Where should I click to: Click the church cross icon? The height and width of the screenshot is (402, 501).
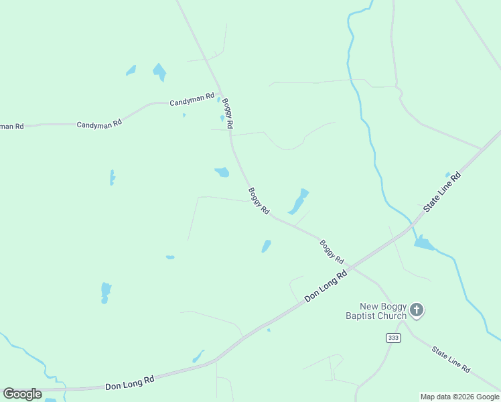click(x=417, y=310)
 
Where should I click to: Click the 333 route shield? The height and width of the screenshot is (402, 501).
click(x=393, y=338)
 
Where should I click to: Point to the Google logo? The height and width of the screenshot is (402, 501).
click(x=22, y=393)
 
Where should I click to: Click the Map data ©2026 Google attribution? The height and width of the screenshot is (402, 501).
click(x=460, y=397)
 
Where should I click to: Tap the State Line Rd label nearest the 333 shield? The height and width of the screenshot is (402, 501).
click(x=451, y=360)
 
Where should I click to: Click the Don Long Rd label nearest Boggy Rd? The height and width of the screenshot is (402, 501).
click(x=327, y=285)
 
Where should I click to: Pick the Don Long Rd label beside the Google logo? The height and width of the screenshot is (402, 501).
click(x=130, y=383)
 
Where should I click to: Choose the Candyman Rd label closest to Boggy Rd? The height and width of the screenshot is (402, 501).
click(x=192, y=101)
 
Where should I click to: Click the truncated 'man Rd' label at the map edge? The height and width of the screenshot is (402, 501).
click(x=11, y=126)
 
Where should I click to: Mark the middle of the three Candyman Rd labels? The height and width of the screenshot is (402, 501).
click(x=99, y=124)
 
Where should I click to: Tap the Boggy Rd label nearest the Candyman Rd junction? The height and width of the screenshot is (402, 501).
click(x=228, y=113)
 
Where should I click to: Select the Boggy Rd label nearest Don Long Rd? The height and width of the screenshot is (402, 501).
click(x=332, y=251)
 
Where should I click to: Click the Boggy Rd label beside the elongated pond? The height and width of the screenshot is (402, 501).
click(x=259, y=200)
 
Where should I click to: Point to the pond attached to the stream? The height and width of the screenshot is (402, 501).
click(x=424, y=243)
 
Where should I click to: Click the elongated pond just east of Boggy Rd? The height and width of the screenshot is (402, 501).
click(x=298, y=202)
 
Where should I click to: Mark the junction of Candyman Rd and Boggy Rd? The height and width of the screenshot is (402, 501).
click(x=220, y=94)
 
